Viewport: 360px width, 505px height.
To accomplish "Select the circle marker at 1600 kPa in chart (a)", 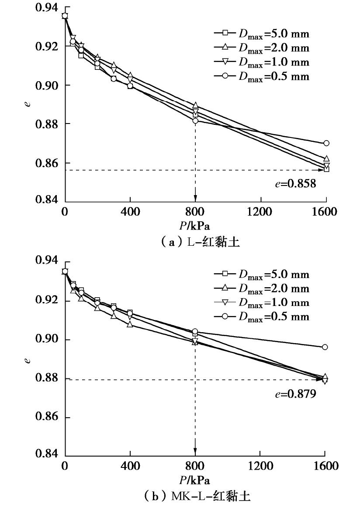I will (x=326, y=143).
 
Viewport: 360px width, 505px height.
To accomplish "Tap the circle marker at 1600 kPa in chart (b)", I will (x=325, y=347).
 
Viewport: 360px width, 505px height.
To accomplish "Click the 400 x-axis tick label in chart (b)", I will (x=130, y=466).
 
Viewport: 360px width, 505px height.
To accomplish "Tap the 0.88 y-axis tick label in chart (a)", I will (x=47, y=124).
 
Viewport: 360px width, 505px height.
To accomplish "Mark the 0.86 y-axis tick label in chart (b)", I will (x=47, y=417).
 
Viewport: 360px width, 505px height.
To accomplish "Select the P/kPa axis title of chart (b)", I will (x=195, y=481).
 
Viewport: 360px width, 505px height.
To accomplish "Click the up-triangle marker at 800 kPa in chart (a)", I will (x=195, y=106).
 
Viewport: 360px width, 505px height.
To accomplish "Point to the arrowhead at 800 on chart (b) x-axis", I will (x=195, y=451).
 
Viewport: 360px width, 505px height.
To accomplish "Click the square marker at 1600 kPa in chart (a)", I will (x=326, y=169).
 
